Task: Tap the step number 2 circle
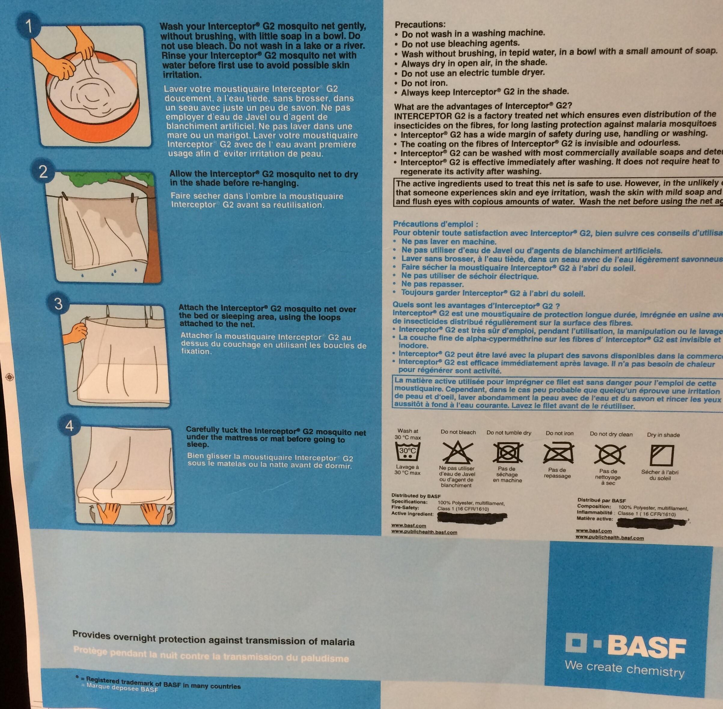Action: (43, 172)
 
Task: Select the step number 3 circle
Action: (58, 304)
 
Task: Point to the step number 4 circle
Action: (70, 426)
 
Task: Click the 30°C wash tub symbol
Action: (407, 452)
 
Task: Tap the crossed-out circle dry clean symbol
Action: (609, 455)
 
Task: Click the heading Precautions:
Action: (420, 25)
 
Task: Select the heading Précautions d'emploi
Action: (435, 224)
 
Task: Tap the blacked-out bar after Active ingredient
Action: (472, 516)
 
